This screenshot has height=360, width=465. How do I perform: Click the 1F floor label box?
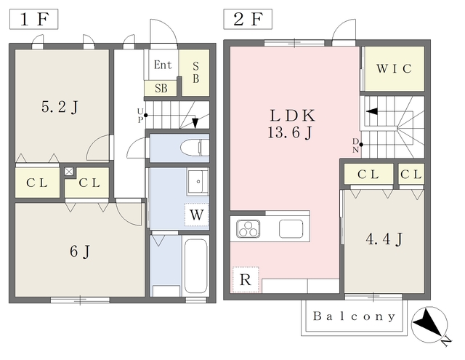[34, 20]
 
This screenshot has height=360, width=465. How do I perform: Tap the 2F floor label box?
[248, 20]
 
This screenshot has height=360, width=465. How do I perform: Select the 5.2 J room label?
[60, 107]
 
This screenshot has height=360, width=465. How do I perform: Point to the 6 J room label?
[80, 252]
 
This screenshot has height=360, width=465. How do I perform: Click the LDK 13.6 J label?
[292, 124]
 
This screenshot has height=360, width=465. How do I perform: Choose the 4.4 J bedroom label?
[384, 239]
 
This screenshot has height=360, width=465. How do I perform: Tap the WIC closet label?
[394, 69]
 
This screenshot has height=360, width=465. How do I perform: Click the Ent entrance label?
[163, 65]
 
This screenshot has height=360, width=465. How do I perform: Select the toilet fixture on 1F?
[195, 148]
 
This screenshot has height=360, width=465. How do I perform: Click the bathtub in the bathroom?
[195, 266]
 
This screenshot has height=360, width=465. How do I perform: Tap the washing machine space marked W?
[197, 215]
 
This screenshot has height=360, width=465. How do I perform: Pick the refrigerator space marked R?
[246, 279]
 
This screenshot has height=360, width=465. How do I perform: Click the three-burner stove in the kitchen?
[248, 229]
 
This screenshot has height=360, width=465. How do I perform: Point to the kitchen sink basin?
[291, 229]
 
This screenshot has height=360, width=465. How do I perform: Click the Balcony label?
[354, 316]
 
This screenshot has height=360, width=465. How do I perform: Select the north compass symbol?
[429, 325]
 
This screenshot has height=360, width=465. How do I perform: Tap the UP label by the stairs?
[140, 115]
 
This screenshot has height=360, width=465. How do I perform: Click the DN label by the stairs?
[356, 145]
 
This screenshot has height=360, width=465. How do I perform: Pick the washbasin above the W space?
[198, 181]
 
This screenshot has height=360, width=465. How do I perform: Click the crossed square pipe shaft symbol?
[69, 172]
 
